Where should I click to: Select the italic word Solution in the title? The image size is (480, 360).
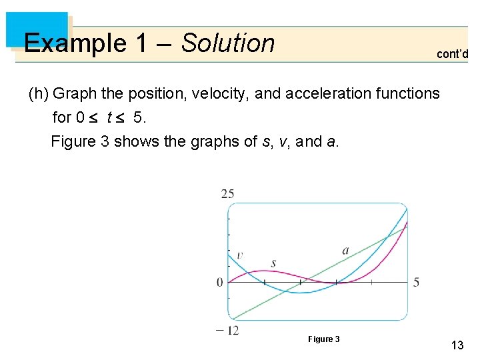pos(228,43)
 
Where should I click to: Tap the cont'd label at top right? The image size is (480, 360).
pos(452,54)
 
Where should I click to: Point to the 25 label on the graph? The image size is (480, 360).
pos(227,194)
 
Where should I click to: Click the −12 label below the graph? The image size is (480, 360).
pos(227,329)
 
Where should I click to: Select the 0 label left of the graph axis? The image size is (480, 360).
pos(220,283)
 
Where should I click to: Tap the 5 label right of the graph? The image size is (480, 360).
pos(416,283)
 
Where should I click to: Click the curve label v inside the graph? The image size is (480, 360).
pos(240,255)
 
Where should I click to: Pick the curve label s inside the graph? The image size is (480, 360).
pos(273,263)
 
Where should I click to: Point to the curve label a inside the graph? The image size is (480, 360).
pos(345,251)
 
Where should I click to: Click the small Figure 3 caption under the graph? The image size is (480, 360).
pos(323,339)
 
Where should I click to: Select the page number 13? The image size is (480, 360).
pos(457,345)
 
